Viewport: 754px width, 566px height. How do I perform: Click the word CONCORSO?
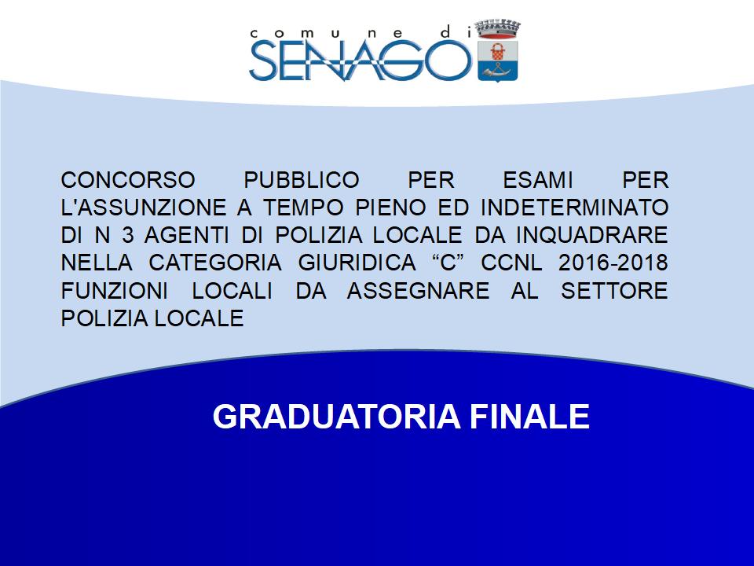pos(128,181)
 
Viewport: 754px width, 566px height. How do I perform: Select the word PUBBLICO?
pos(302,181)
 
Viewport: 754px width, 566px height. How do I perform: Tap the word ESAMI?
pos(537,181)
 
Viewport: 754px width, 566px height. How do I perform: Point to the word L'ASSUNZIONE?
pos(144,208)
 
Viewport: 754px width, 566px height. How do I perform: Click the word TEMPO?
pos(303,208)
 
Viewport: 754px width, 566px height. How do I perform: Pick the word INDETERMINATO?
pos(575,208)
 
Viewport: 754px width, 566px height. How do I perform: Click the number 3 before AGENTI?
pos(128,235)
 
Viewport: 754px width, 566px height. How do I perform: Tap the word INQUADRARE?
pos(592,235)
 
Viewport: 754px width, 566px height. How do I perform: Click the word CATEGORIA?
pos(215,263)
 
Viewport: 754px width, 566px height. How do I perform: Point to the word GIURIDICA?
pos(357,263)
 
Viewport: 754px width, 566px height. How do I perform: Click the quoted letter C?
pos(448,263)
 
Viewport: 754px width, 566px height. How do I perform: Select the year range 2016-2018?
pos(613,263)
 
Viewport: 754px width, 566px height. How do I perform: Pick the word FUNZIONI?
pos(115,291)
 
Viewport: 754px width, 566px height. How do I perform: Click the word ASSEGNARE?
pos(419,291)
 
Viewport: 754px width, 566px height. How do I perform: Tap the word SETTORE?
pos(614,291)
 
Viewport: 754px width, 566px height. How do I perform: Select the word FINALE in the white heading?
pos(529,417)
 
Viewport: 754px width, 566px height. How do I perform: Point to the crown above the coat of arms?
pos(498,29)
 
